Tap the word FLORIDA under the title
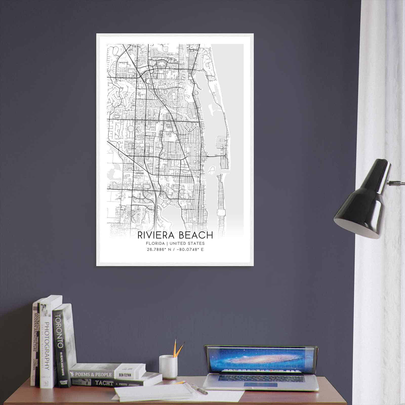click(155, 244)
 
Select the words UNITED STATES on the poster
click(187, 244)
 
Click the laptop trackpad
click(260, 385)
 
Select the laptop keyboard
click(261, 378)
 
